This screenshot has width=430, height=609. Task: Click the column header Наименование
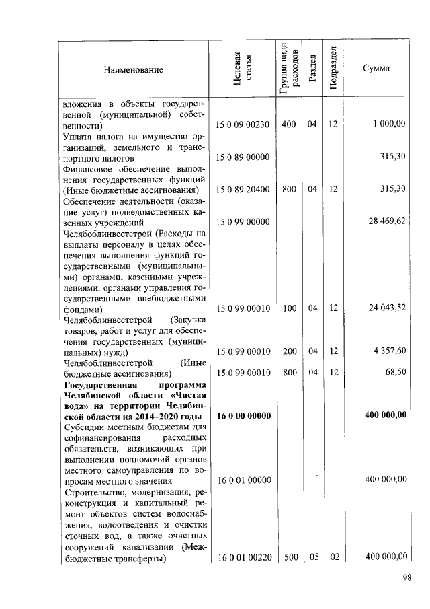133,69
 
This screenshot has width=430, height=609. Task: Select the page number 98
406,577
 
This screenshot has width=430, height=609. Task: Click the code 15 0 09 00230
243,124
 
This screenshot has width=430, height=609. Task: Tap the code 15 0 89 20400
243,190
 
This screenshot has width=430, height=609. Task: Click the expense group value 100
289,308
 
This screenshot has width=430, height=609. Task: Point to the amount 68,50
394,373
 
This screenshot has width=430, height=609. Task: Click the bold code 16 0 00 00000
243,416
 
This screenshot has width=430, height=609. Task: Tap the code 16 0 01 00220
243,557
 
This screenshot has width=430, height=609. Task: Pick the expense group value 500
289,557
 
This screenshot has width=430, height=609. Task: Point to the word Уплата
79,136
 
